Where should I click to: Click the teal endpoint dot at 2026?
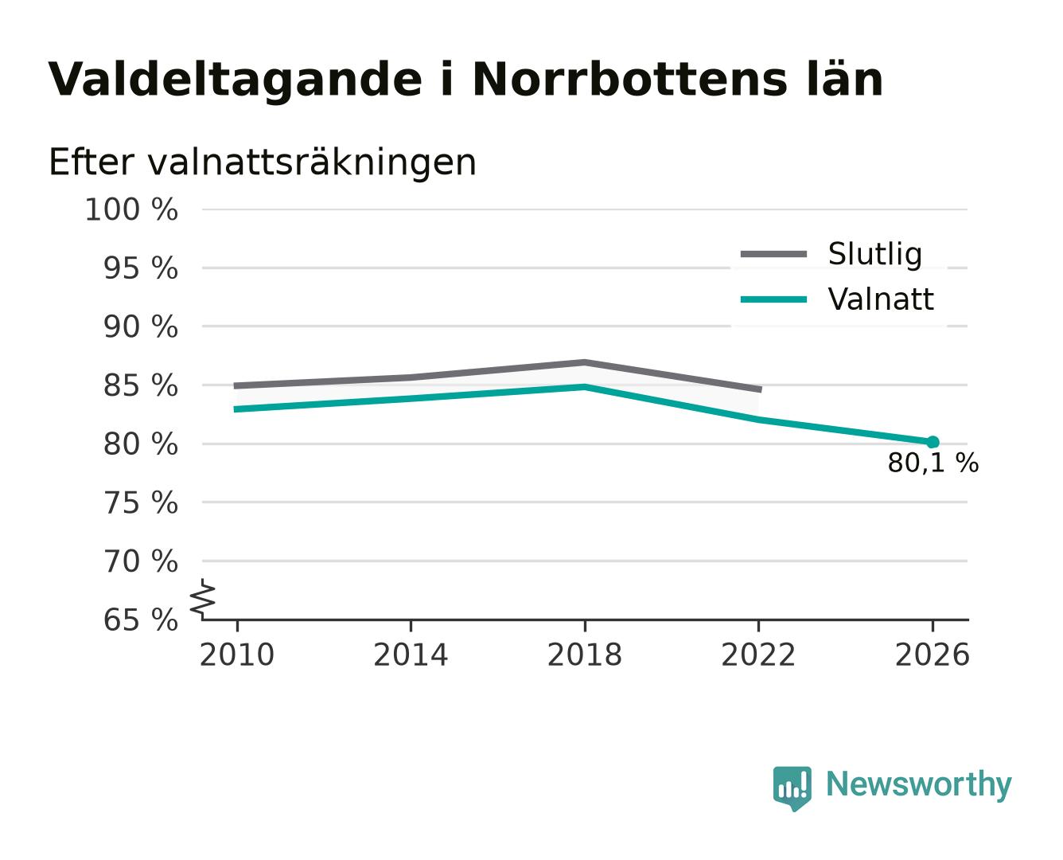pos(933,441)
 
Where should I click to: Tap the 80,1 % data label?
pos(933,463)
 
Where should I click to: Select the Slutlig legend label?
pos(874,254)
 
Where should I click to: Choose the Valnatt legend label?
pos(880,299)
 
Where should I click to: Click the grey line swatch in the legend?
pos(773,254)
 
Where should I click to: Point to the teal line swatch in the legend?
pos(773,299)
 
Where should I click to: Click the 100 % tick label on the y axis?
pos(131,209)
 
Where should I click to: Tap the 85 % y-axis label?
pos(140,386)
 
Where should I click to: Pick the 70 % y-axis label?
pos(140,561)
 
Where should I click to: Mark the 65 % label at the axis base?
pos(140,620)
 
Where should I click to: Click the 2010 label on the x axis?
pos(236,655)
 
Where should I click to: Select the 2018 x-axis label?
pos(584,655)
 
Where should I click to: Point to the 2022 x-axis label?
pos(758,655)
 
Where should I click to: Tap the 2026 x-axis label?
pos(932,655)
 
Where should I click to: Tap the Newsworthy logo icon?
pos(792,788)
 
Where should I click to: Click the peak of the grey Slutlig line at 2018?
pos(584,362)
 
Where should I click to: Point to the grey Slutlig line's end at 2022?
pos(761,389)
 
